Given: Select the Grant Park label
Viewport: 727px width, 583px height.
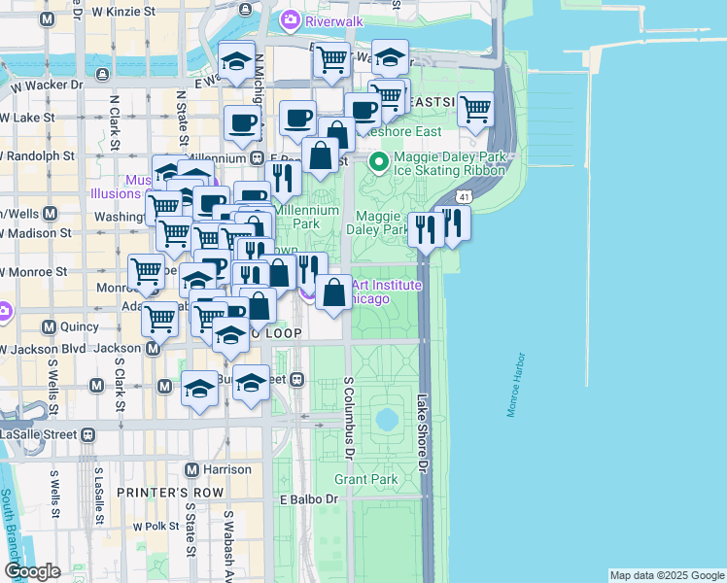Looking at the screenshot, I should point(365,479).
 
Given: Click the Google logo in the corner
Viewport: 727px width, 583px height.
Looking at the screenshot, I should point(32,571).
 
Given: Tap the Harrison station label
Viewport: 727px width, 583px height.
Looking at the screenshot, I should point(227,469).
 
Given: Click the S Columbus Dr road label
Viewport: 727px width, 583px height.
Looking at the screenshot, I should point(348,418).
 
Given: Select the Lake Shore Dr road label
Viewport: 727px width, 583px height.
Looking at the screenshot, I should point(422,433).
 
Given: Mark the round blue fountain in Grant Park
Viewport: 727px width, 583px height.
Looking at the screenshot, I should point(387,420).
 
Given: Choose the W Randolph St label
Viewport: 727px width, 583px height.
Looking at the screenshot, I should point(39,155).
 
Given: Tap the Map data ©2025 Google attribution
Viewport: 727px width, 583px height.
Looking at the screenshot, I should point(666,575).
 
